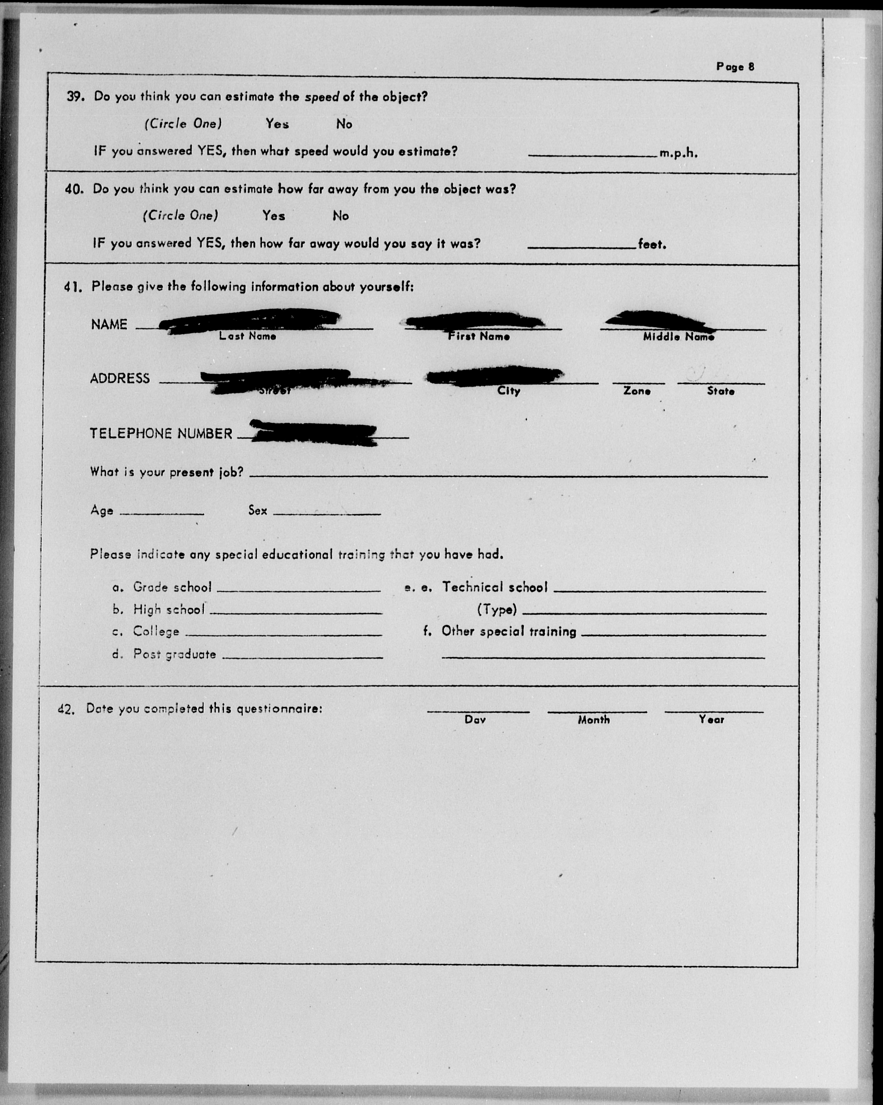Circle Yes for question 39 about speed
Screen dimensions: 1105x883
pyautogui.click(x=277, y=124)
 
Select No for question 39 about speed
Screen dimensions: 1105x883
pyautogui.click(x=344, y=124)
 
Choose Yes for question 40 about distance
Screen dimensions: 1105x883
pyautogui.click(x=274, y=216)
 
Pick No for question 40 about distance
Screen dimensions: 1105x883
pyautogui.click(x=340, y=216)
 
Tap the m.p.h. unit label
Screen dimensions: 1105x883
pyautogui.click(x=678, y=153)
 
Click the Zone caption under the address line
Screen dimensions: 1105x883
pyautogui.click(x=637, y=391)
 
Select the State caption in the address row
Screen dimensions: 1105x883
pyautogui.click(x=720, y=391)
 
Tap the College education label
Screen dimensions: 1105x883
pyautogui.click(x=156, y=631)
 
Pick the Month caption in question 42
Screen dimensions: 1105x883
pyautogui.click(x=594, y=719)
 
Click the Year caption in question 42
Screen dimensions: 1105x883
pyautogui.click(x=711, y=719)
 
